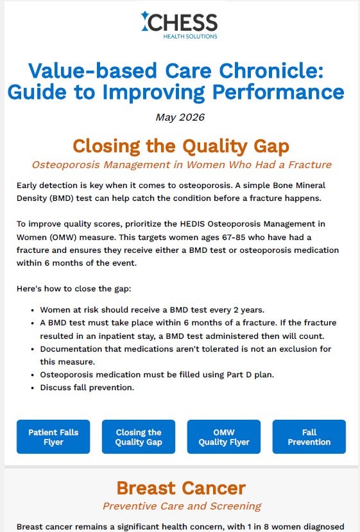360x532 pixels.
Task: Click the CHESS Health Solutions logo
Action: point(179,26)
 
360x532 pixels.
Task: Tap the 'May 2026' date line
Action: point(180,117)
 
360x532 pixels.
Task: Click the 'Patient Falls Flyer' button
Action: point(53,436)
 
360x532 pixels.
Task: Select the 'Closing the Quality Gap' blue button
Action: point(139,436)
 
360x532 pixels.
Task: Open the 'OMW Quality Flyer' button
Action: point(224,436)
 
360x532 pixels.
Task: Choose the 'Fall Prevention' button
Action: point(309,436)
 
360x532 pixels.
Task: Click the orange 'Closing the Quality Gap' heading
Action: point(181,146)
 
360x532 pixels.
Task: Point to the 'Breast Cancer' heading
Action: point(181,488)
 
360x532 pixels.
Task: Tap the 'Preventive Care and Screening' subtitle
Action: point(182,506)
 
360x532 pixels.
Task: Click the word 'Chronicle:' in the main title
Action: point(271,71)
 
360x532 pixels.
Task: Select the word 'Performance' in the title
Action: point(279,92)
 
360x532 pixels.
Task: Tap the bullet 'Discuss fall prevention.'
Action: point(87,388)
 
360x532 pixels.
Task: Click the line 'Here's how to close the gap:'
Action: point(74,289)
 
